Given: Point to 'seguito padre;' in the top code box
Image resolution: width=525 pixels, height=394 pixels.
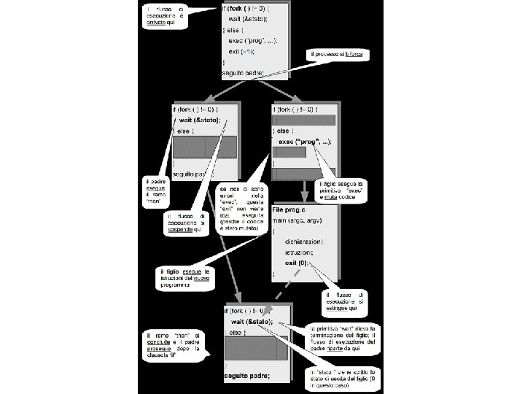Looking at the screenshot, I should (x=243, y=74).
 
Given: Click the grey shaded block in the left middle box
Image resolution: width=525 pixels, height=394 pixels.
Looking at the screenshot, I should (x=204, y=147).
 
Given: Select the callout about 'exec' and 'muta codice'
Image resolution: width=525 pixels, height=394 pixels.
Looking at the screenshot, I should (x=341, y=190).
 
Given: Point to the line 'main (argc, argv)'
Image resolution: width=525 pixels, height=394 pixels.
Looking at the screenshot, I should (x=300, y=220).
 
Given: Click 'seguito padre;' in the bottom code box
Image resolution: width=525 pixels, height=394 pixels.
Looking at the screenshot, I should (x=246, y=376).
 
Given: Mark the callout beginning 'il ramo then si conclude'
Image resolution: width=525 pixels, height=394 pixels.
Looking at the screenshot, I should (x=174, y=345).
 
